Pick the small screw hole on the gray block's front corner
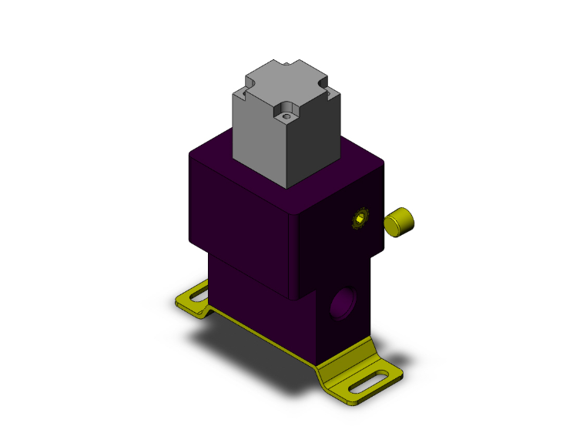pyautogui.click(x=287, y=116)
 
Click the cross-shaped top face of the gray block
pyautogui.click(x=287, y=85)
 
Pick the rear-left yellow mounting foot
pyautogui.click(x=196, y=299)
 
